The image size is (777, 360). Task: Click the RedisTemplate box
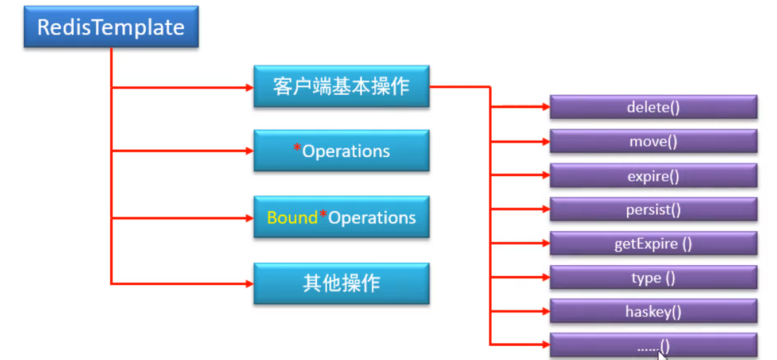pos(111,27)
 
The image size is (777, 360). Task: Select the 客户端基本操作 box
pos(341,87)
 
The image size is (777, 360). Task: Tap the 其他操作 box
pos(341,284)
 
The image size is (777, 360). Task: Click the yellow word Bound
pos(292,218)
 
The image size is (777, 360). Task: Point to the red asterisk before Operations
pos(297,148)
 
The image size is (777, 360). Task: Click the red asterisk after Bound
pos(323,214)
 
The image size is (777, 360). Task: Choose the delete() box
pos(654,107)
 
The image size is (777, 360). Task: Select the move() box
pos(654,141)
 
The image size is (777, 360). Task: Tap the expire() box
pos(654,176)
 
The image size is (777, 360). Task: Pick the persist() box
pos(654,210)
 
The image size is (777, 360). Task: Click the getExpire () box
pos(654,243)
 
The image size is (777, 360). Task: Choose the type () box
pos(654,277)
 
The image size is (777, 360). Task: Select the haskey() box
pos(654,311)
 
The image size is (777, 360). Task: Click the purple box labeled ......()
pos(654,345)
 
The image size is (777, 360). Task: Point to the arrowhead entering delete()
pos(546,107)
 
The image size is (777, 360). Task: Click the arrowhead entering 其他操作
pos(250,284)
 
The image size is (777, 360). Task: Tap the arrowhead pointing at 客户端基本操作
pos(250,87)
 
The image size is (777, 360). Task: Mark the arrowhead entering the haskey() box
pos(546,311)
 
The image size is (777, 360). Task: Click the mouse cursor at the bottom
pos(662,355)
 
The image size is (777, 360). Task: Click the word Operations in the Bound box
pos(372,218)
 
